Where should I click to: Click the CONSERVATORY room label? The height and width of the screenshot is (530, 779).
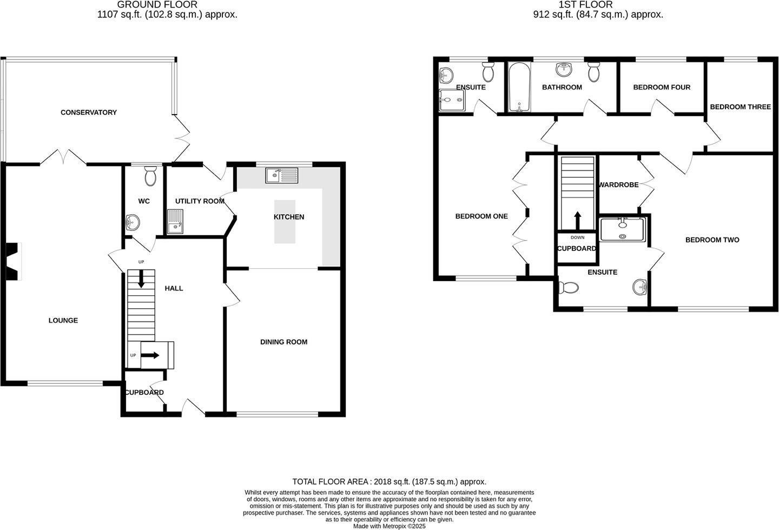[88, 112]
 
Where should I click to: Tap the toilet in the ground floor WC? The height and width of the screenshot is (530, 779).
[150, 175]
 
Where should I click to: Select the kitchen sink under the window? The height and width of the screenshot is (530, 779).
[281, 175]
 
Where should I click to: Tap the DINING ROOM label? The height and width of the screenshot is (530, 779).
[283, 342]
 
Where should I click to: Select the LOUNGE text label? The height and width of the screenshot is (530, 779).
[63, 320]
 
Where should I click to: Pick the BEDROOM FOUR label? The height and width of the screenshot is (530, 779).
[662, 87]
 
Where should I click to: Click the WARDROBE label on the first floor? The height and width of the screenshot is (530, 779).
[618, 184]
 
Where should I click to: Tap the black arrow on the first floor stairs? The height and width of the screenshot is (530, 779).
[577, 220]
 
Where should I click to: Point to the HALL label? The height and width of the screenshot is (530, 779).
[174, 288]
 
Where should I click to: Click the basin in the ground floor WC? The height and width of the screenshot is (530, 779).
[132, 222]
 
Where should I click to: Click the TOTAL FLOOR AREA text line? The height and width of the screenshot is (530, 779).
[389, 481]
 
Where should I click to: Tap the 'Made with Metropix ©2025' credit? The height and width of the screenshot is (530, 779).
[389, 526]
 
